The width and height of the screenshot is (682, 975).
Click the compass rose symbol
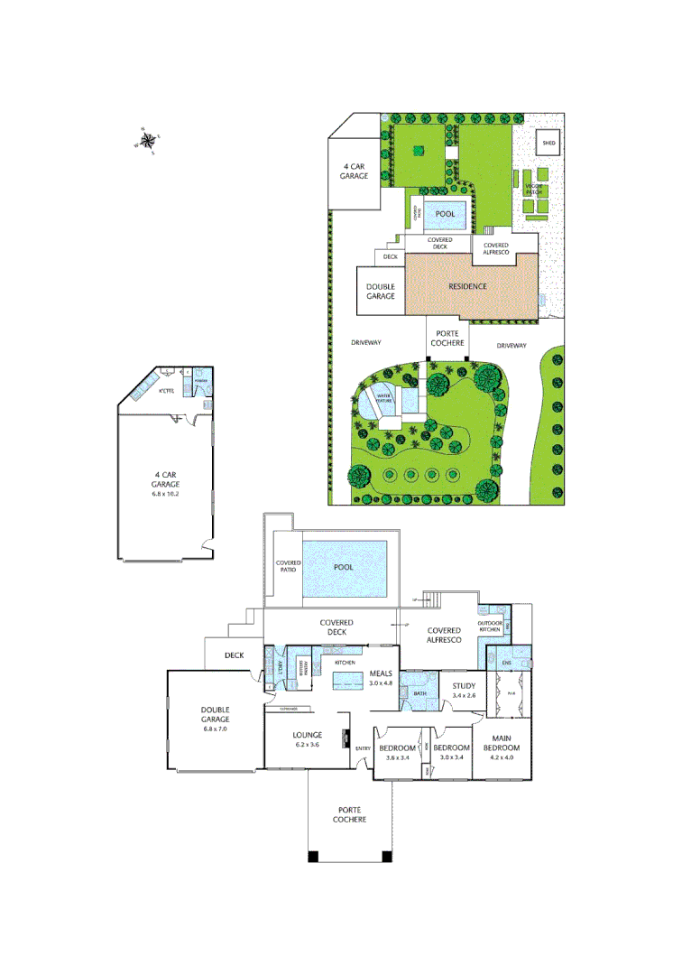(x=148, y=140)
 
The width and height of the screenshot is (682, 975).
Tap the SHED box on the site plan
(x=548, y=143)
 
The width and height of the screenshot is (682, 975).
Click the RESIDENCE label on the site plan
(x=468, y=286)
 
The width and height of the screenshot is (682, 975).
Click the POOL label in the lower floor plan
(x=344, y=567)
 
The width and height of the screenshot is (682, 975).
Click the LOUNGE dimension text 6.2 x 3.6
(x=308, y=746)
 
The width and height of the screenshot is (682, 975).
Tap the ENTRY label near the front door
(x=364, y=748)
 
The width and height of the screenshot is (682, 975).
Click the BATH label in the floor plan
(x=420, y=693)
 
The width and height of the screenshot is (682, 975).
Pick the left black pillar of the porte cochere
(x=313, y=857)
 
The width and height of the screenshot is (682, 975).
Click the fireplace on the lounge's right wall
(x=346, y=738)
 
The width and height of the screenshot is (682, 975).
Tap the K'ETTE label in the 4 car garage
(x=166, y=392)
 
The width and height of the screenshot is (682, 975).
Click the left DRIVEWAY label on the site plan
(x=368, y=343)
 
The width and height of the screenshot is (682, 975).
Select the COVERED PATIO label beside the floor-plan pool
(x=288, y=568)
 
